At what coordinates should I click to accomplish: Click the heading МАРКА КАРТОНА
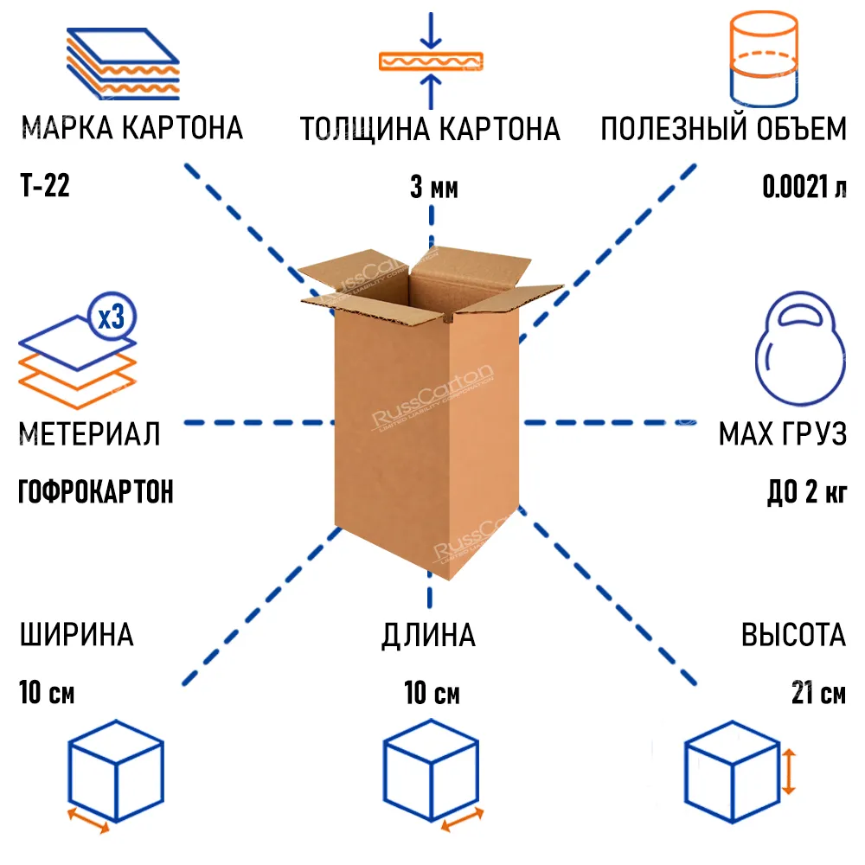(131, 129)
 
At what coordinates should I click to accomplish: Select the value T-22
(44, 186)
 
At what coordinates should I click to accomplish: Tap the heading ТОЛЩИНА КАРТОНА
(430, 129)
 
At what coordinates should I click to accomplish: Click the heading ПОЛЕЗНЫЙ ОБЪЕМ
(723, 129)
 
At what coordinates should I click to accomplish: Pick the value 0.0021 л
(804, 187)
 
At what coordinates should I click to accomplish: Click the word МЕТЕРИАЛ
(89, 432)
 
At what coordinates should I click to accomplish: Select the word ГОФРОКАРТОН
(95, 492)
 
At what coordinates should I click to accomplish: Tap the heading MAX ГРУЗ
(782, 433)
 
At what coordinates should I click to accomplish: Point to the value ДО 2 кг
(806, 492)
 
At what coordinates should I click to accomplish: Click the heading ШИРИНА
(76, 635)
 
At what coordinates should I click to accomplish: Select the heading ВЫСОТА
(792, 635)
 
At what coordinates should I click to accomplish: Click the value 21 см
(818, 694)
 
